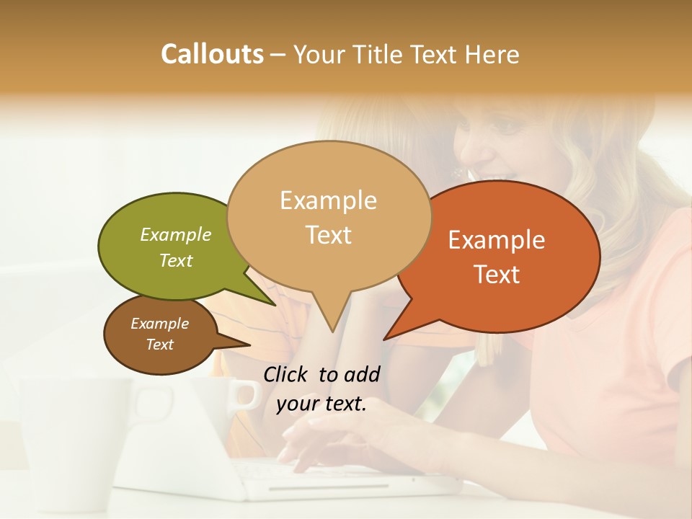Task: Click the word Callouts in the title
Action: pos(212,55)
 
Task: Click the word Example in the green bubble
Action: pos(176,234)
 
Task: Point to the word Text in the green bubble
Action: pos(176,260)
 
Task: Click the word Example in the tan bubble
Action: pos(328,200)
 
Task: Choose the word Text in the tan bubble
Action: pos(328,235)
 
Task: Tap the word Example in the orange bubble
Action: pos(497,240)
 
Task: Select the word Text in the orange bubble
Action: pos(497,275)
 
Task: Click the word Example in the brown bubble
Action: pos(159,324)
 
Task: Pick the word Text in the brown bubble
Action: pos(159,345)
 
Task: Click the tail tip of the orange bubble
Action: pos(384,339)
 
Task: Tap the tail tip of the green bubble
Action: pos(275,305)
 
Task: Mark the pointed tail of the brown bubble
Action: pos(249,345)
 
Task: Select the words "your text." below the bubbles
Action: pos(321,404)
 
